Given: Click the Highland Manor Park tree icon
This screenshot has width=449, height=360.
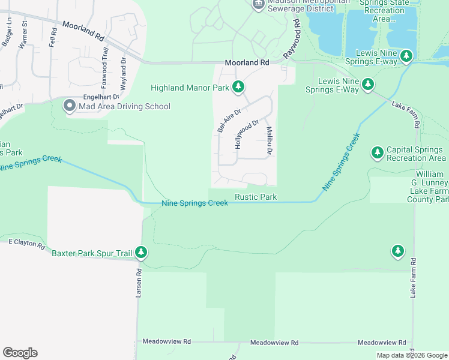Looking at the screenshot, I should tap(238, 88).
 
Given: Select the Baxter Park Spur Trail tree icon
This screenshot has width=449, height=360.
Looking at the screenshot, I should tap(141, 253).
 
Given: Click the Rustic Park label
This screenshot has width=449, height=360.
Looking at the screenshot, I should tap(256, 197).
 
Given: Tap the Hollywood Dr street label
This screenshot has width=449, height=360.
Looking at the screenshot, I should tap(246, 134).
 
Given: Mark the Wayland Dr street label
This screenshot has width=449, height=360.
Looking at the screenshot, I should tap(123, 74).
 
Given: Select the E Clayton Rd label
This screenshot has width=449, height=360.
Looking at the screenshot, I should tap(26, 245).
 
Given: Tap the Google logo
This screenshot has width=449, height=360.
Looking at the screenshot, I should tap(20, 353).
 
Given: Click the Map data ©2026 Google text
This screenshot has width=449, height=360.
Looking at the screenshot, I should tap(412, 355).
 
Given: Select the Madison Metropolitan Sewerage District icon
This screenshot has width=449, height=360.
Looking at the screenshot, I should tap(258, 5).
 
